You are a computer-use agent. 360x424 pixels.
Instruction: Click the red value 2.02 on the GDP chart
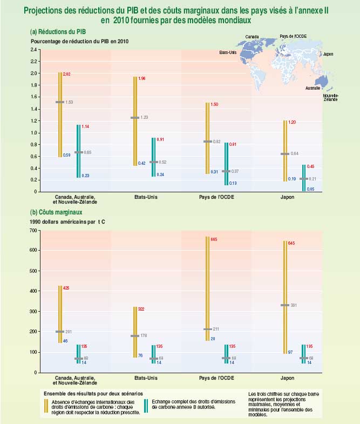(x=67, y=73)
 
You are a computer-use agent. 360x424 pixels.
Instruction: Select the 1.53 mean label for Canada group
(x=69, y=102)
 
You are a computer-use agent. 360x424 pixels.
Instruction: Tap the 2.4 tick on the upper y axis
(x=33, y=50)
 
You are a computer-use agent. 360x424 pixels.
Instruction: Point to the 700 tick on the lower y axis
(x=33, y=231)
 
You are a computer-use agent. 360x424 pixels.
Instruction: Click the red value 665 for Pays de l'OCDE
(x=214, y=238)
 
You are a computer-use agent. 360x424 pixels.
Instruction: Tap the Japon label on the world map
(x=328, y=55)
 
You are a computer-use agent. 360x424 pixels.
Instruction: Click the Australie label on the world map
(x=313, y=88)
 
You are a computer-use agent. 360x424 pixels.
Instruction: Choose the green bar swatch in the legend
(x=147, y=406)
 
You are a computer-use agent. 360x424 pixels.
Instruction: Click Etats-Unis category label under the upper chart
(x=146, y=198)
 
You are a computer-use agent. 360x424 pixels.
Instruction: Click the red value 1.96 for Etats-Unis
(x=142, y=79)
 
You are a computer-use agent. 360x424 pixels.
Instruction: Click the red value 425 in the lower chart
(x=66, y=288)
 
